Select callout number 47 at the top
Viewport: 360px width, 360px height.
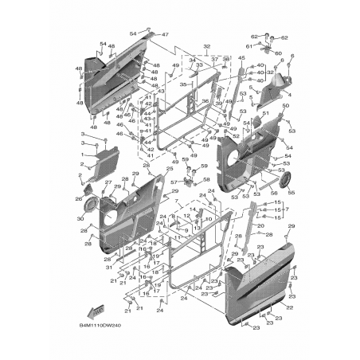[x=166, y=35]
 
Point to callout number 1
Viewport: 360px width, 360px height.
[x=81, y=153]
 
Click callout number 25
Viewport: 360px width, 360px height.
[x=169, y=170]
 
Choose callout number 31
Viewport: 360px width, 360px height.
[x=108, y=267]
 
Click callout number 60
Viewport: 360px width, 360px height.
[x=278, y=54]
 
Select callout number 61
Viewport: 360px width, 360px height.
[x=248, y=46]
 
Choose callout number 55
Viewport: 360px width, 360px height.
[x=290, y=194]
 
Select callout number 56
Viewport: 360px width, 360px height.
[x=274, y=192]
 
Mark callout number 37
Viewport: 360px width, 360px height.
[x=213, y=60]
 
